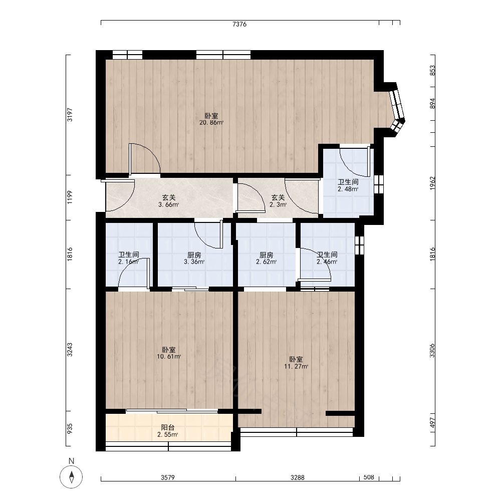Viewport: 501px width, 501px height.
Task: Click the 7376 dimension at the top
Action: point(239,24)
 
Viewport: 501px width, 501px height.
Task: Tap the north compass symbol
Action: point(71,477)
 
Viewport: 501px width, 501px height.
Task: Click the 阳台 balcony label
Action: point(167,427)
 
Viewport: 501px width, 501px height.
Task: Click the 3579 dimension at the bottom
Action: point(168,477)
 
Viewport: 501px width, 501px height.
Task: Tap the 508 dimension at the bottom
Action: point(369,477)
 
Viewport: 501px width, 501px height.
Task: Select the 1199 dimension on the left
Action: point(70,197)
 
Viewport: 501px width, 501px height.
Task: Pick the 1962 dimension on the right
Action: point(432,183)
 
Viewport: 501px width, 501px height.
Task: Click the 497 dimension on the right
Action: point(432,423)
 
